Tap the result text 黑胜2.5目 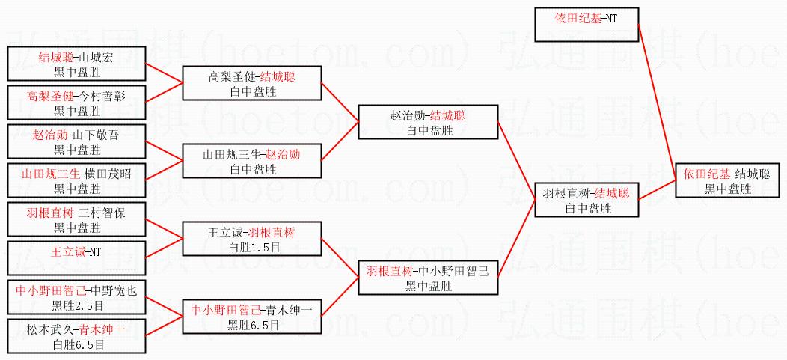[76, 305]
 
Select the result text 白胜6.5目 [76, 344]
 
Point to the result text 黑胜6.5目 [253, 325]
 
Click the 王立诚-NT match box [76, 251]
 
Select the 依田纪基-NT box [587, 23]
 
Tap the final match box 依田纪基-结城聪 [726, 181]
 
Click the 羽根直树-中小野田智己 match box [428, 278]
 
